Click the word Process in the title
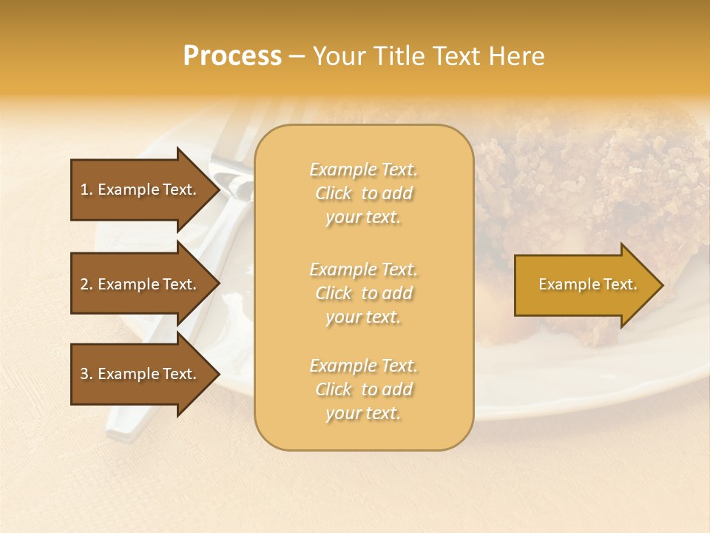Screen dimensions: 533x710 [232, 56]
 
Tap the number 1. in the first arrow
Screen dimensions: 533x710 [87, 190]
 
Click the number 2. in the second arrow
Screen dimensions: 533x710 [87, 284]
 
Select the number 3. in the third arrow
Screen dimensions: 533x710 [87, 374]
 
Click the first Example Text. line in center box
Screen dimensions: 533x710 [363, 170]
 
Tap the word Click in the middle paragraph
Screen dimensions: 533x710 [334, 293]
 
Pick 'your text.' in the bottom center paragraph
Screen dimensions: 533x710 [363, 414]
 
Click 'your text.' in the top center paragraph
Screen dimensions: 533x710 [363, 218]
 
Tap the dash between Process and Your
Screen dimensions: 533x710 [297, 56]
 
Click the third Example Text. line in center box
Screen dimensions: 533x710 [363, 366]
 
